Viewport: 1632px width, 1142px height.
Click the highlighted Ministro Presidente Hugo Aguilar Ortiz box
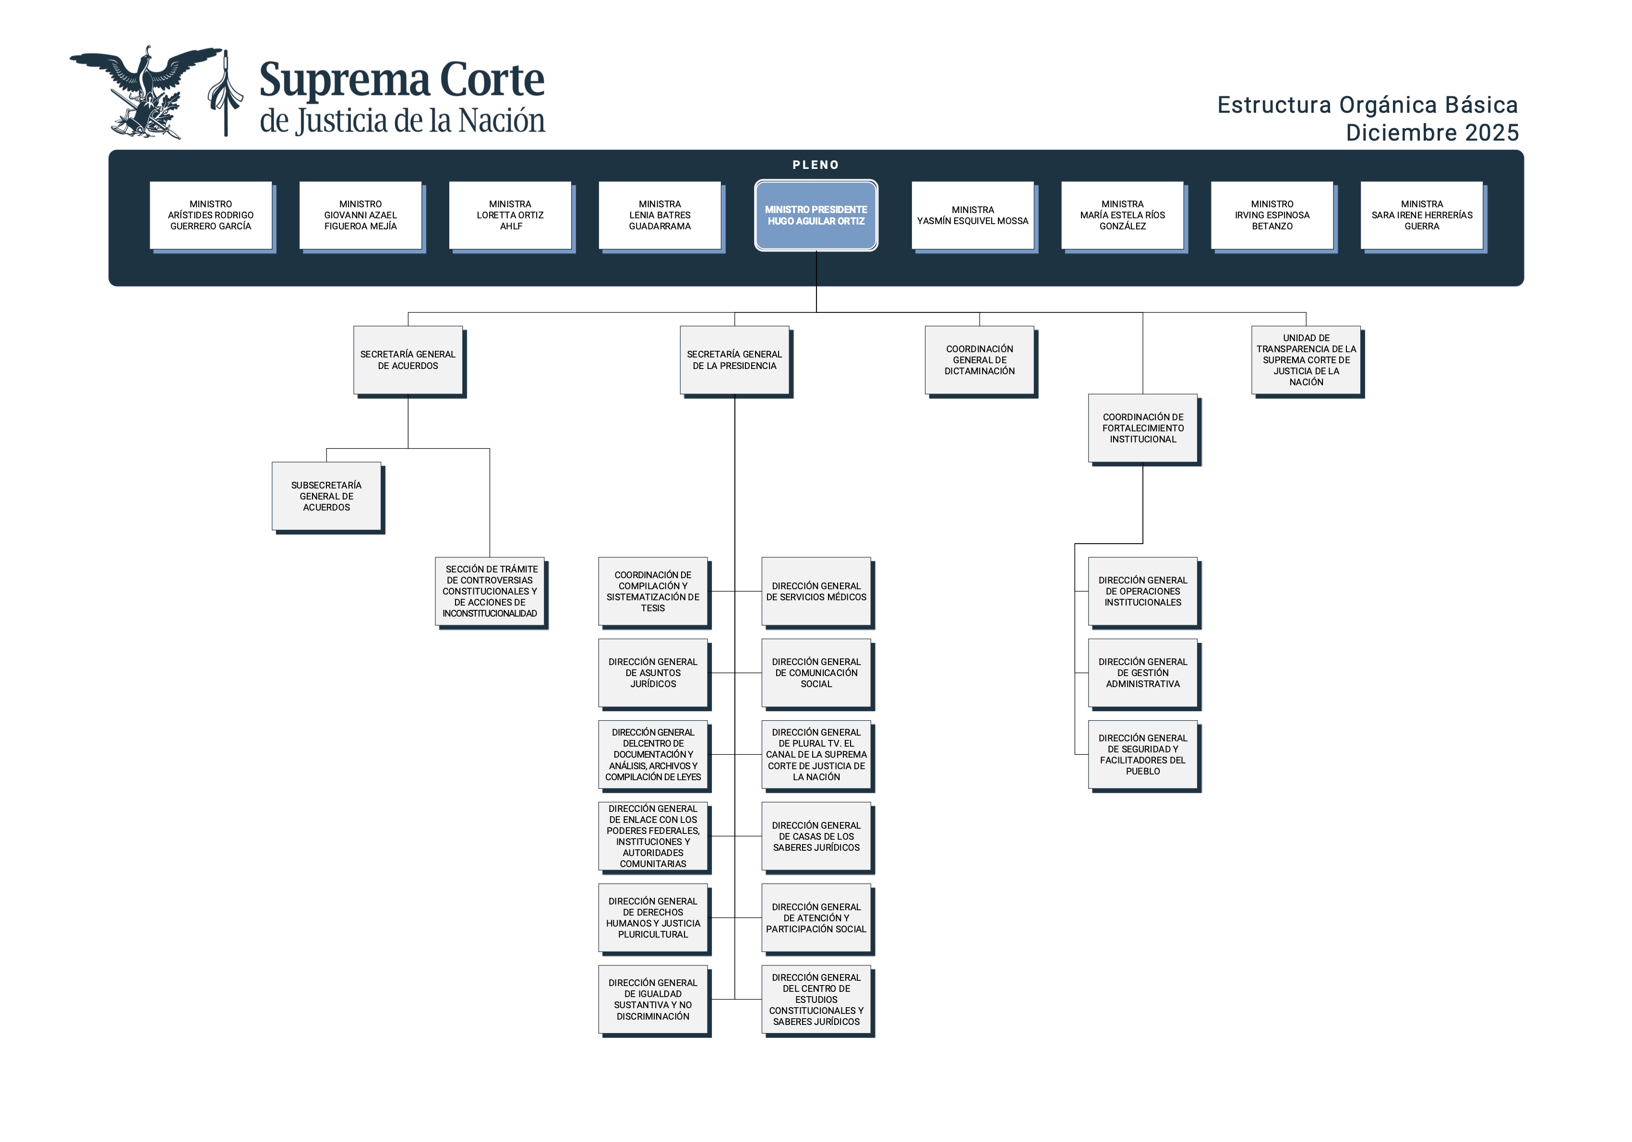(x=816, y=215)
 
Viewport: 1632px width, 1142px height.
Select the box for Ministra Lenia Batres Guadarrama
(x=660, y=215)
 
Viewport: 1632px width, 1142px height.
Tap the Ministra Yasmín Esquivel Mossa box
(x=972, y=215)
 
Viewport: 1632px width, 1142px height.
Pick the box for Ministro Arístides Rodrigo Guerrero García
(x=210, y=215)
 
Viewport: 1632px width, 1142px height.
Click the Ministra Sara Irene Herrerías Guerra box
(x=1422, y=215)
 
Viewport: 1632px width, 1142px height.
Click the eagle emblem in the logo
(x=146, y=93)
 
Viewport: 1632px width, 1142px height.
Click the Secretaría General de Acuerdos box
(x=408, y=360)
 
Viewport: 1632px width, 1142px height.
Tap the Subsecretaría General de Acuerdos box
(x=326, y=496)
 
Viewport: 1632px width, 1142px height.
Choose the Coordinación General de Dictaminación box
(x=980, y=360)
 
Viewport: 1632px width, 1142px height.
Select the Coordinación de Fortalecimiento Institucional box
(x=1143, y=428)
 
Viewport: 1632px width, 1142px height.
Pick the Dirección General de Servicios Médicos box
(x=816, y=591)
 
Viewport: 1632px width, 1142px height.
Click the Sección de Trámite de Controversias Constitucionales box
(x=490, y=591)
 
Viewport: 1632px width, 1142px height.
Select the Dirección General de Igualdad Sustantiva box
(x=652, y=999)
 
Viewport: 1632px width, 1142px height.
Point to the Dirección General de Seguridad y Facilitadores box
(x=1143, y=755)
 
